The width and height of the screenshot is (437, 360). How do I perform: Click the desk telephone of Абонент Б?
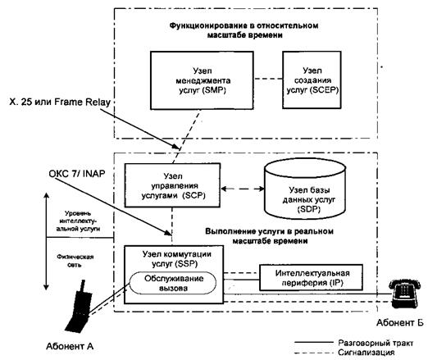pos(404,294)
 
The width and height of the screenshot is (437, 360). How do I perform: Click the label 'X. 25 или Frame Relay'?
pos(60,102)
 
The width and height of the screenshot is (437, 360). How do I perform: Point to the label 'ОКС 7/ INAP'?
pos(77,174)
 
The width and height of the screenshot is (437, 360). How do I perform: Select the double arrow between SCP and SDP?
pos(243,189)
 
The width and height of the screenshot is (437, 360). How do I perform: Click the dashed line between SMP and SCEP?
pos(268,79)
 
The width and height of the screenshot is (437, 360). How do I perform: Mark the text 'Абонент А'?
pos(70,346)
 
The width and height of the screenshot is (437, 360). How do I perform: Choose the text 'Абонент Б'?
pos(400,323)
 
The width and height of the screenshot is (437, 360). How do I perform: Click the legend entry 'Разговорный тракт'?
pos(376,343)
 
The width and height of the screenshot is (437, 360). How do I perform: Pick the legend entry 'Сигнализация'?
pos(366,353)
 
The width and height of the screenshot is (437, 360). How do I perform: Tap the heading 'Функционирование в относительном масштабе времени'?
pos(244,30)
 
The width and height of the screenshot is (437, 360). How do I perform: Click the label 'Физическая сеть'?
pos(75,261)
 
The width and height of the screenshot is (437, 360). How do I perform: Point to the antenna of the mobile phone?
pos(83,286)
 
